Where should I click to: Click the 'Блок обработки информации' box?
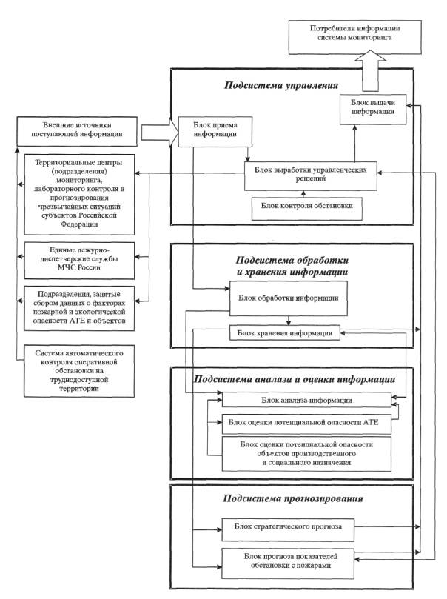coord(289,298)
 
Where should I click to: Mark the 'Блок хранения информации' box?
coord(289,333)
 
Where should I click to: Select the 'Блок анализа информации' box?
coord(306,400)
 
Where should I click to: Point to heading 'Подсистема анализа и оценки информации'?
coord(295,379)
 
